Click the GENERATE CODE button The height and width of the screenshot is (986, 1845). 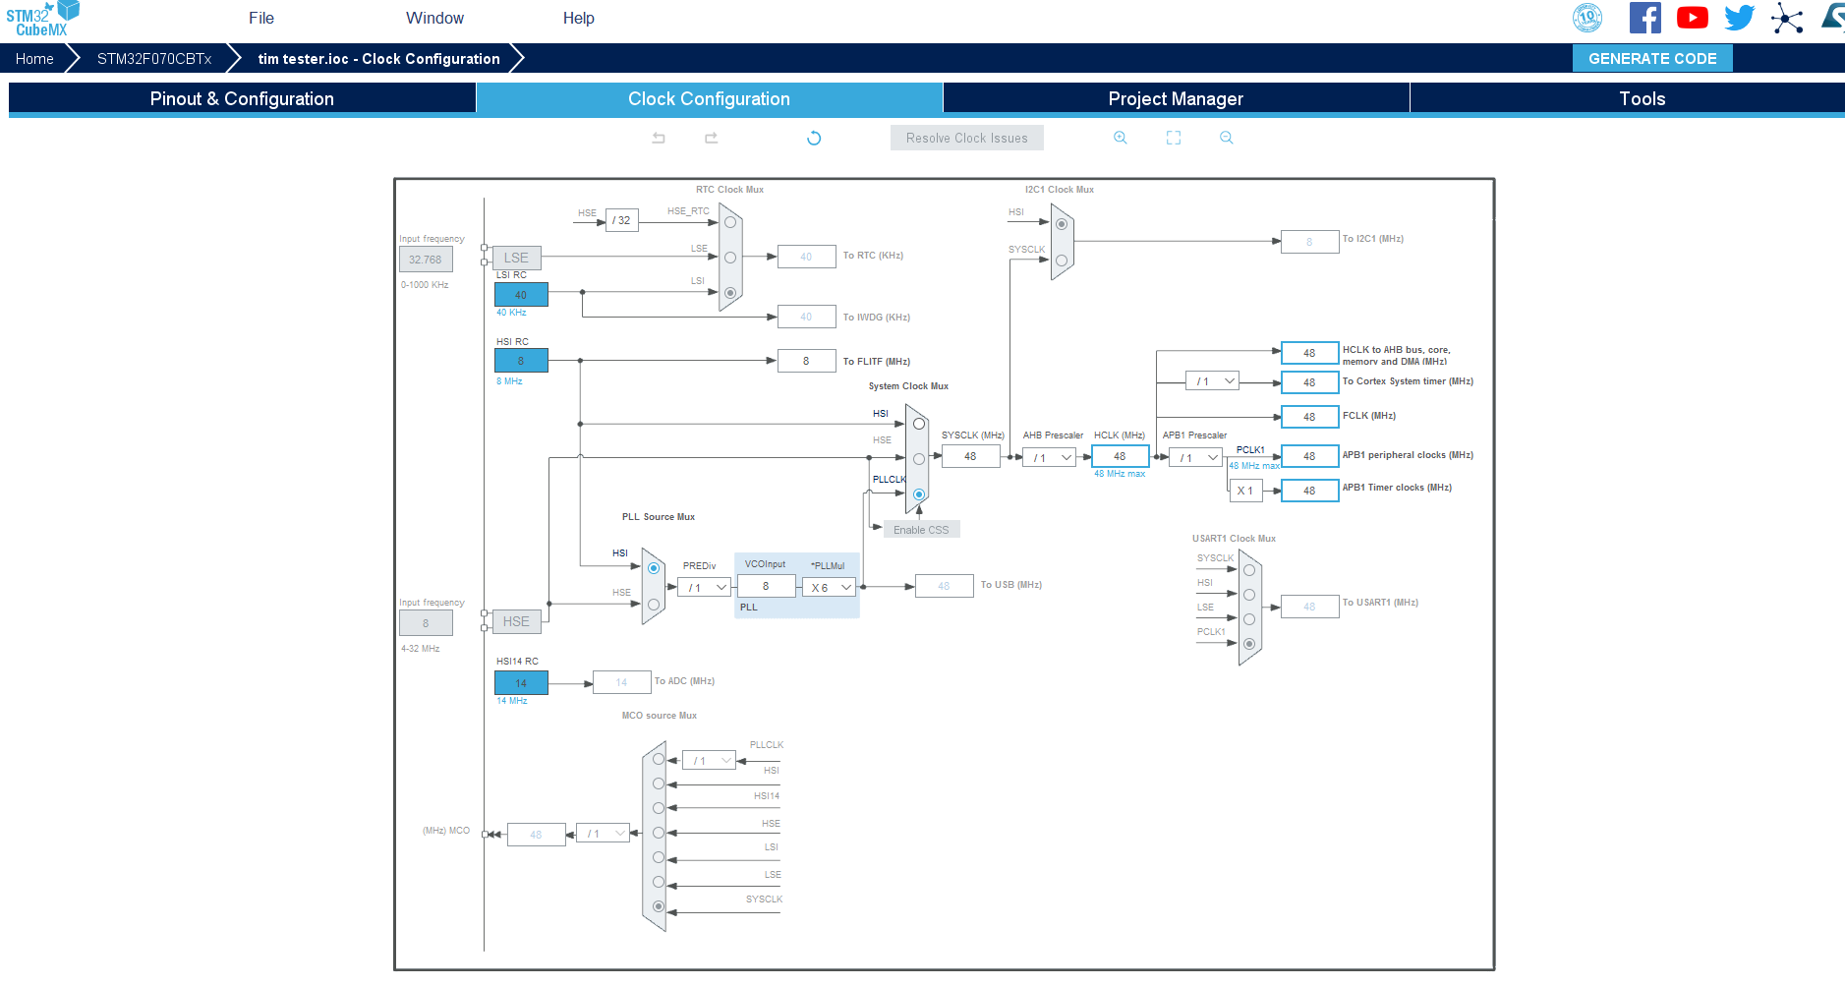click(x=1651, y=59)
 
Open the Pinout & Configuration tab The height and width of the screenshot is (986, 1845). click(x=242, y=98)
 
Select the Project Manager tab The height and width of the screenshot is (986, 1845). click(x=1175, y=98)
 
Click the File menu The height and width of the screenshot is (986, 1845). click(x=261, y=18)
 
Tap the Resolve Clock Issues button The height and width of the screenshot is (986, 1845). click(x=966, y=139)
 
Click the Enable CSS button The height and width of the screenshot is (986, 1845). click(x=921, y=530)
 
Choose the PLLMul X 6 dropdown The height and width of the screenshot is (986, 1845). click(x=830, y=587)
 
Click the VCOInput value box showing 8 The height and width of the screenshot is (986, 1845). click(x=766, y=586)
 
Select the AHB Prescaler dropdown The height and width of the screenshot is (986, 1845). click(x=1050, y=457)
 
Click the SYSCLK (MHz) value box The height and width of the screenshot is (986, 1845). click(x=970, y=456)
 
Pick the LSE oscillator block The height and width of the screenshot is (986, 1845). click(x=516, y=258)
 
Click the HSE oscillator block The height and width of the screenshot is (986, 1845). click(x=516, y=621)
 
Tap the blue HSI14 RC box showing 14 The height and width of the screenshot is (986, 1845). click(x=521, y=682)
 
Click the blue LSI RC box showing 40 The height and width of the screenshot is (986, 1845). click(x=521, y=294)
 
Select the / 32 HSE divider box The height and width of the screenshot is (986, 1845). click(x=622, y=220)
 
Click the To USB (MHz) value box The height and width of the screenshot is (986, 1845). click(x=944, y=586)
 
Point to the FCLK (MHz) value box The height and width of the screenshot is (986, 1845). click(x=1309, y=417)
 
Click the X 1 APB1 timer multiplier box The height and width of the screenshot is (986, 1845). click(x=1245, y=491)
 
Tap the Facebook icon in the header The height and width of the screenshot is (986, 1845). click(x=1644, y=18)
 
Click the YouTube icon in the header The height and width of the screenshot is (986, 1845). click(x=1692, y=18)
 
